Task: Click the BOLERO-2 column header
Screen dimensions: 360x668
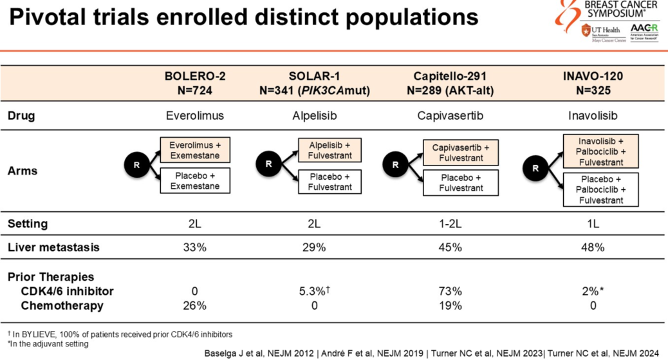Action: click(194, 83)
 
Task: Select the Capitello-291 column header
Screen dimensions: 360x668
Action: click(450, 83)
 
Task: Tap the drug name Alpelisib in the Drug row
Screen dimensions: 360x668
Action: click(314, 117)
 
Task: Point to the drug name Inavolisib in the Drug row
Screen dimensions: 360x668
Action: click(592, 117)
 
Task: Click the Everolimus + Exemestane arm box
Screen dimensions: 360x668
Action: click(194, 150)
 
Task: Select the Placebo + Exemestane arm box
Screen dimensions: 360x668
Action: click(194, 181)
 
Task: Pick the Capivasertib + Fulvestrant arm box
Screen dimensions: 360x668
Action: click(460, 153)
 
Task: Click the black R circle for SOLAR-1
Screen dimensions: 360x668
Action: click(268, 164)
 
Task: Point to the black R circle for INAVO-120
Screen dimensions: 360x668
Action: click(535, 169)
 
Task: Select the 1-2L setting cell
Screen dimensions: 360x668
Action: click(450, 224)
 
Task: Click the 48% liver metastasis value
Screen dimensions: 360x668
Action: click(592, 247)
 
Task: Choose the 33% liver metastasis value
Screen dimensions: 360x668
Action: click(194, 247)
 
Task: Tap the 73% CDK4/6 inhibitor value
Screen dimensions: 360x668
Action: click(450, 291)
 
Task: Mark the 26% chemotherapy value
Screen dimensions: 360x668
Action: click(194, 305)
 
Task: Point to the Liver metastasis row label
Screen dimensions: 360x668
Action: click(53, 247)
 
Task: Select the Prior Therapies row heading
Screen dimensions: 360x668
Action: click(51, 277)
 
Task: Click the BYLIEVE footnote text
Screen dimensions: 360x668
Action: click(120, 334)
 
